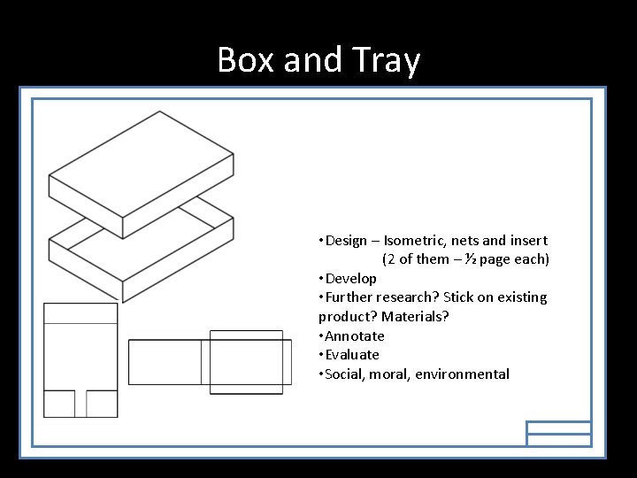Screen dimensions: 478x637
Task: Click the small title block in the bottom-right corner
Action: [x=558, y=433]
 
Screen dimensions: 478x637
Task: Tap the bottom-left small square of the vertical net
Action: [x=59, y=403]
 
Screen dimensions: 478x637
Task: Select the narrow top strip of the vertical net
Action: [x=81, y=312]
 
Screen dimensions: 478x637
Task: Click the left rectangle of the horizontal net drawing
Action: [x=165, y=362]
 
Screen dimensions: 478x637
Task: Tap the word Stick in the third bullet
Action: [x=459, y=297]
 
